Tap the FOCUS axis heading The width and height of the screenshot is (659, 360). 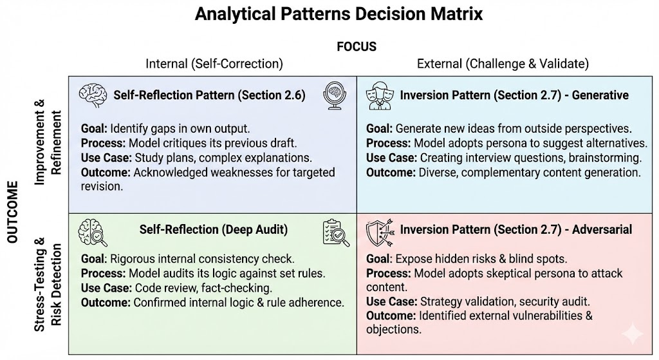pos(356,47)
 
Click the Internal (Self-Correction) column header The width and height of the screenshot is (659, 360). pos(214,64)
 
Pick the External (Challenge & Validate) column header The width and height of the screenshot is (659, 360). pos(503,64)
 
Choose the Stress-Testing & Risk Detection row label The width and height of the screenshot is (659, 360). pos(48,283)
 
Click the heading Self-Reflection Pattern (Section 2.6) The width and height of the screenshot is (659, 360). pos(209,95)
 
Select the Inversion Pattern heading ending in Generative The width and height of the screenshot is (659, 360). pos(514,95)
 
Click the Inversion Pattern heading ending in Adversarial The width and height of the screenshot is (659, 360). pos(516,229)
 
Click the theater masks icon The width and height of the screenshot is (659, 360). pos(380,95)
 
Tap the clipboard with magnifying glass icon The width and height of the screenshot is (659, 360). pos(336,233)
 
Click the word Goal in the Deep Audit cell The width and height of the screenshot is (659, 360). pos(93,259)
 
